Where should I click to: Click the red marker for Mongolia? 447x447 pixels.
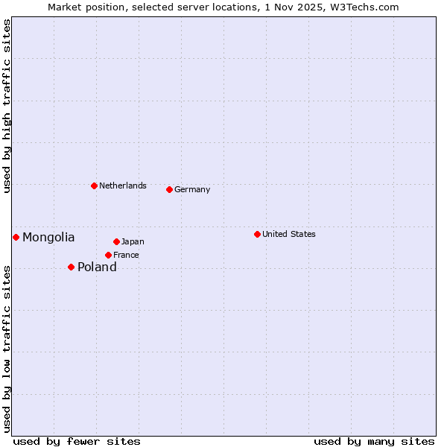pyautogui.click(x=16, y=237)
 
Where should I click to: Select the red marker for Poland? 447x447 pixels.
pyautogui.click(x=71, y=267)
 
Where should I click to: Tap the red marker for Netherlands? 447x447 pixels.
pyautogui.click(x=94, y=186)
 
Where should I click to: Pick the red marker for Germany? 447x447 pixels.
pyautogui.click(x=169, y=189)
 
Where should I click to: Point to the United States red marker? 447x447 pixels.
pyautogui.click(x=257, y=234)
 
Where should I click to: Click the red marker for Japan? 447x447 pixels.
pyautogui.click(x=116, y=241)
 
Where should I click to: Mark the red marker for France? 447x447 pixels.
pyautogui.click(x=108, y=255)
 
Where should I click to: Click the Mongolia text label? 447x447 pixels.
pyautogui.click(x=48, y=238)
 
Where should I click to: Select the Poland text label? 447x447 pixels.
pyautogui.click(x=97, y=267)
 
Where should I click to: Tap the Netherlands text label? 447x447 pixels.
pyautogui.click(x=123, y=186)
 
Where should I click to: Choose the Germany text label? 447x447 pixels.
pyautogui.click(x=192, y=189)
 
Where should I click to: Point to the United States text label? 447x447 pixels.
pyautogui.click(x=289, y=234)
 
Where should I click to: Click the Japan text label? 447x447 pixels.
pyautogui.click(x=133, y=241)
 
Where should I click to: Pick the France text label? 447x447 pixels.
pyautogui.click(x=126, y=255)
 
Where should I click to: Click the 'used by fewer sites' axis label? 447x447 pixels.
pyautogui.click(x=77, y=441)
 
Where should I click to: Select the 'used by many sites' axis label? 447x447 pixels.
pyautogui.click(x=374, y=441)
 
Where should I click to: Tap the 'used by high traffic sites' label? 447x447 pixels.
pyautogui.click(x=7, y=106)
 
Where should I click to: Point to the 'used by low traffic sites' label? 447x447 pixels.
pyautogui.click(x=7, y=349)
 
